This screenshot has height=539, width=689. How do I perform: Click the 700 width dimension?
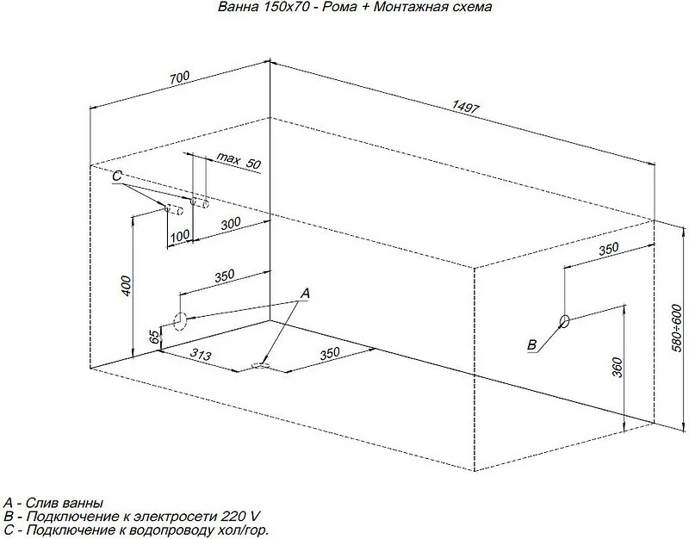point(180,77)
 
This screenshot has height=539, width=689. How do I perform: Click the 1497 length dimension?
point(465,107)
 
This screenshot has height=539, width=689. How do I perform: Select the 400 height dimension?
point(126,286)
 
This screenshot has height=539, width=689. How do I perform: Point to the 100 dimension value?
point(180,236)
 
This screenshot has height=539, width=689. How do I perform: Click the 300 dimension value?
point(231,224)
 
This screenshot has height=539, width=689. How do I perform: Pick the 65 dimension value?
point(154,338)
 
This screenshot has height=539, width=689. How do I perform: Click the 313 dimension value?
point(201,354)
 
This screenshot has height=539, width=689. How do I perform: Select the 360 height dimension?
point(618,368)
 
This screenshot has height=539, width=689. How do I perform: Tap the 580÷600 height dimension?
point(677,322)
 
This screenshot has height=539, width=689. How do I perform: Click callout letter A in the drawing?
point(305,294)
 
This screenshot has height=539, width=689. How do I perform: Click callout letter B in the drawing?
point(531,344)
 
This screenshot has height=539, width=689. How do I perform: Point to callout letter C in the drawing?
point(116,177)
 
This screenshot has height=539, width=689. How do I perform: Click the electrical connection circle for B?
point(564,321)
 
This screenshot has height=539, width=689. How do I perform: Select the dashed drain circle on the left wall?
point(180,321)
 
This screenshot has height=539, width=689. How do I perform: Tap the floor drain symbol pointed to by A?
point(260,365)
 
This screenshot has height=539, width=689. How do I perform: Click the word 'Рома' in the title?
point(339,7)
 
